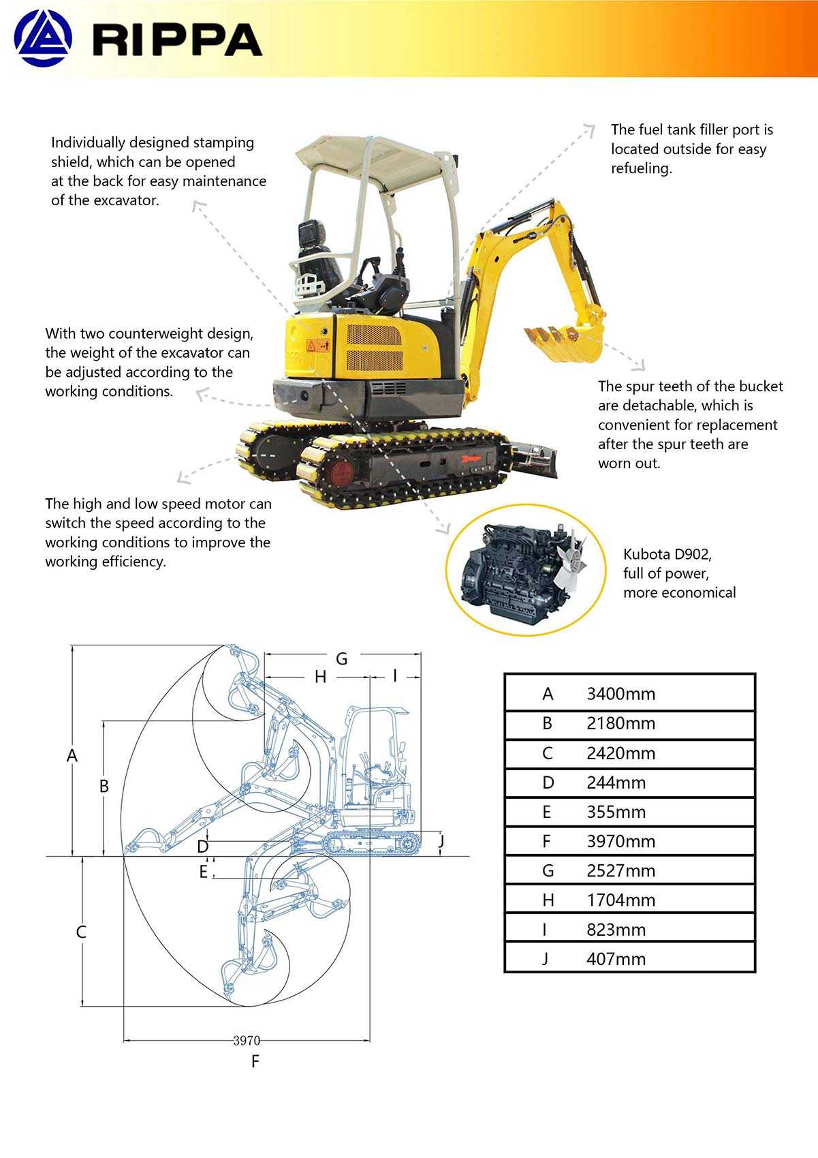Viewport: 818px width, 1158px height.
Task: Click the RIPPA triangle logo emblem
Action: tap(42, 39)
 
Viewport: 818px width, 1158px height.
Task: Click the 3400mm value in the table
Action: tap(620, 694)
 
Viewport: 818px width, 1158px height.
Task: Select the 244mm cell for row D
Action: tap(616, 782)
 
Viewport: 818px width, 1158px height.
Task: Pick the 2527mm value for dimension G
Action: tap(620, 870)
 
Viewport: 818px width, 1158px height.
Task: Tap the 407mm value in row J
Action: tap(616, 959)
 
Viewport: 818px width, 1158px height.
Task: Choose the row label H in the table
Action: tap(548, 900)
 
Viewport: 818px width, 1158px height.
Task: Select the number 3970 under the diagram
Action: tap(247, 1041)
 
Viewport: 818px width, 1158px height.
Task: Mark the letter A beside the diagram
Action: tap(72, 756)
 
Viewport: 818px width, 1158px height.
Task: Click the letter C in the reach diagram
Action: tap(81, 932)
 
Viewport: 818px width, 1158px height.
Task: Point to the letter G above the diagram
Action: tap(342, 658)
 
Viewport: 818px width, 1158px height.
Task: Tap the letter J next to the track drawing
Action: tap(441, 840)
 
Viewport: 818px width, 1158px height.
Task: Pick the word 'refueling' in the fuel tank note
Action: tap(640, 168)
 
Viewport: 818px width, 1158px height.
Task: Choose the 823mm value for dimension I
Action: tap(616, 930)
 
